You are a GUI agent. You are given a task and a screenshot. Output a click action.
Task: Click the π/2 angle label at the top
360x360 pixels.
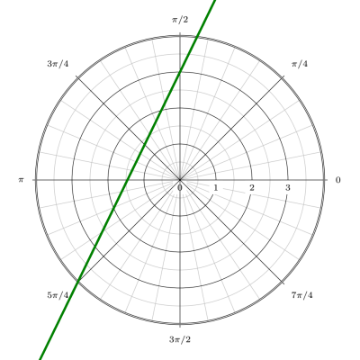(x=180, y=20)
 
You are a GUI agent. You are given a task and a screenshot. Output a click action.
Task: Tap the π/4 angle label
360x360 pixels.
(x=300, y=64)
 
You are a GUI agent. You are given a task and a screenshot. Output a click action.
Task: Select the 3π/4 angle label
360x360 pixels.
(x=58, y=64)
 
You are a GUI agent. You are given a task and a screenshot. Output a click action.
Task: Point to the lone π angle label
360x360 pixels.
(x=21, y=180)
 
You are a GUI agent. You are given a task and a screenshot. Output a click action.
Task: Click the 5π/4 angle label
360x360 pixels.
(x=58, y=295)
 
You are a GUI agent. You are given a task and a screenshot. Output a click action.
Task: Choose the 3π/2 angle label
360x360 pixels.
(x=180, y=339)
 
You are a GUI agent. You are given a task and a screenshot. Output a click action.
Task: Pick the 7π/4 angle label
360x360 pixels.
(x=301, y=295)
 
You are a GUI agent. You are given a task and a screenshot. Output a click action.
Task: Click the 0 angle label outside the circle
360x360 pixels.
(x=338, y=180)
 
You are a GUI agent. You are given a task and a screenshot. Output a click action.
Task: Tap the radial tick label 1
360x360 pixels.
(x=216, y=188)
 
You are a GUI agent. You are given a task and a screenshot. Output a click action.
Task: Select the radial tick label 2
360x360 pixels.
(x=252, y=188)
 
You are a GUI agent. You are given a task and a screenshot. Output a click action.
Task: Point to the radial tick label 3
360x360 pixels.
(x=288, y=188)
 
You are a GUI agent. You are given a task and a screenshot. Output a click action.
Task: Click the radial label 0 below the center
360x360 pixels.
(x=180, y=188)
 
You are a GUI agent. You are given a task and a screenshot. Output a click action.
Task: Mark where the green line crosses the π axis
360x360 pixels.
(x=127, y=180)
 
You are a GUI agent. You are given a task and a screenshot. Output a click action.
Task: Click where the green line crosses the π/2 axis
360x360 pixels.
(x=180, y=71)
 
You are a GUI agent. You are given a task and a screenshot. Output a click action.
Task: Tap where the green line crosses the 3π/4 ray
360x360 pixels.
(x=145, y=144)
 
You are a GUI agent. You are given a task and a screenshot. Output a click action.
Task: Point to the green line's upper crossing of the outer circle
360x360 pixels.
(x=197, y=37)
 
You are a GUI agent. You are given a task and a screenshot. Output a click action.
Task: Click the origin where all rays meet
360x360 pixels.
(x=180, y=180)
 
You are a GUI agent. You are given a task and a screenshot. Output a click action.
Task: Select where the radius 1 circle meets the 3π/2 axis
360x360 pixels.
(x=180, y=216)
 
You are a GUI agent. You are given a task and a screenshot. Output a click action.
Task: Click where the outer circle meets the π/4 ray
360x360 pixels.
(x=282, y=78)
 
